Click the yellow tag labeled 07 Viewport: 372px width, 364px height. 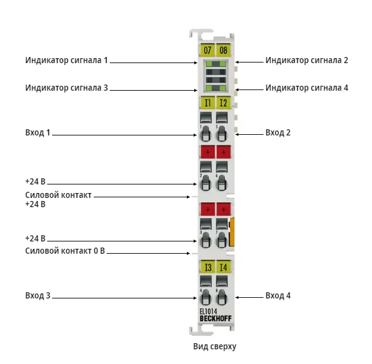coord(207,50)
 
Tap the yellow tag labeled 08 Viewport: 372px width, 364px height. coord(223,50)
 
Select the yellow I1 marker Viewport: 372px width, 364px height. coord(208,103)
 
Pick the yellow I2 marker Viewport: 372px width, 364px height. coord(224,103)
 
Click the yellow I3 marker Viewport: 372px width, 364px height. coord(208,267)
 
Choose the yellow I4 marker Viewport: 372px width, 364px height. coord(224,267)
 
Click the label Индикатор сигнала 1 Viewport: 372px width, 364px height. coord(67,60)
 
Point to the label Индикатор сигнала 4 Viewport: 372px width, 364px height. coord(307,88)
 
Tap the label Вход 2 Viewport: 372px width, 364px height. coord(278,132)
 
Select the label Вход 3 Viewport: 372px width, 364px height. coord(38,295)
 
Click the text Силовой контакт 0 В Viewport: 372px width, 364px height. coord(65,251)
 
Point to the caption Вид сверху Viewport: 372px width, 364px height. coord(214,346)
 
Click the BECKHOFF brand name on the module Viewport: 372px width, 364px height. coord(216,319)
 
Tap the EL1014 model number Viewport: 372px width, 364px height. coord(208,311)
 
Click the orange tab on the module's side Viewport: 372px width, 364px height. coord(232,232)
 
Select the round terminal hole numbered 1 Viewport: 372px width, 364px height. coord(206,134)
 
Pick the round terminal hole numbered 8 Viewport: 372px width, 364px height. coord(222,297)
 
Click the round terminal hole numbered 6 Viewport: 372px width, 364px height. coord(222,183)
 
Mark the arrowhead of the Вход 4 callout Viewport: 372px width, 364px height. coord(237,297)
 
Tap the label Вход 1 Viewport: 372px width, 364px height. coord(38,132)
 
